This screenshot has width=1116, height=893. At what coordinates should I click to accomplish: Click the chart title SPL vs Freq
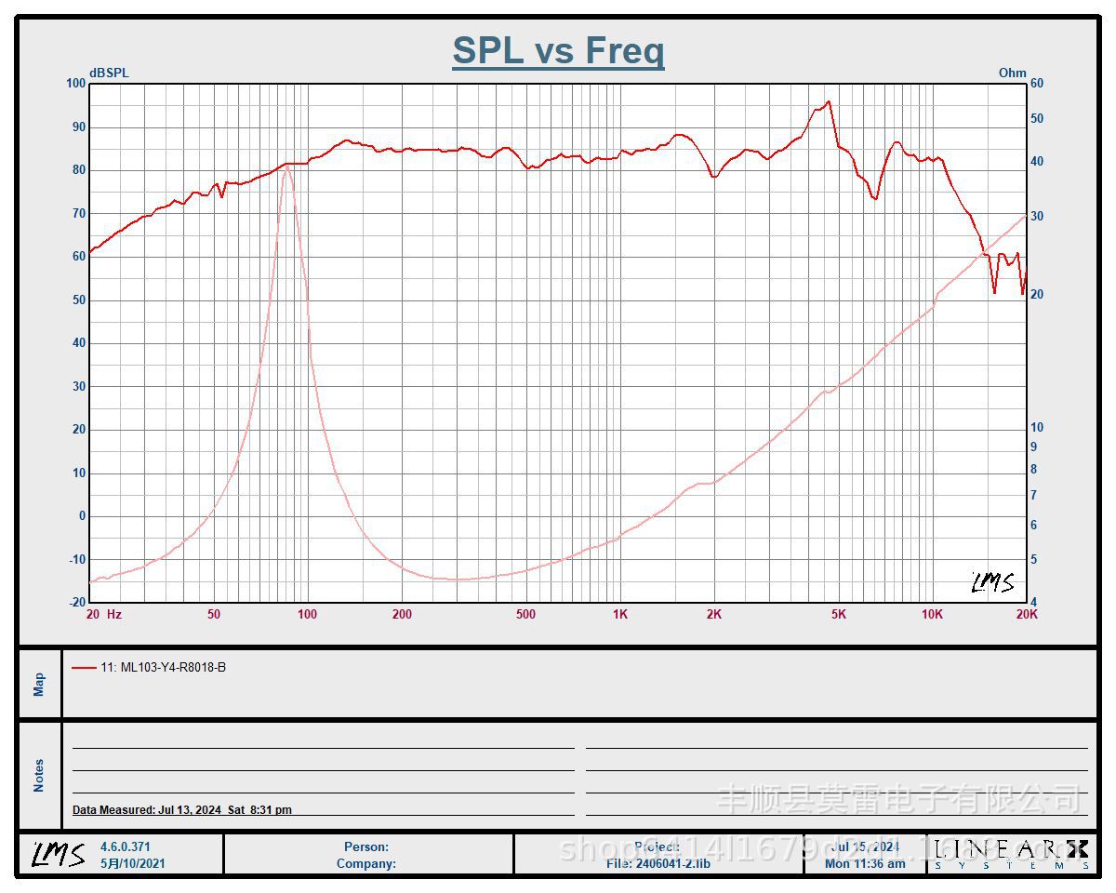pyautogui.click(x=558, y=50)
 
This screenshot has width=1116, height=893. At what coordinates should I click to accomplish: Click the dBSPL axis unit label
pyautogui.click(x=109, y=73)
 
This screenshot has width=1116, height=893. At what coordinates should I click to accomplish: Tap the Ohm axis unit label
pyautogui.click(x=1012, y=73)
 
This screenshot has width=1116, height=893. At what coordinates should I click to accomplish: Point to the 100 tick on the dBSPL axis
pyautogui.click(x=75, y=84)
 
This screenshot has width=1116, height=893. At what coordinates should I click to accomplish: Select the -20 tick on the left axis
pyautogui.click(x=75, y=603)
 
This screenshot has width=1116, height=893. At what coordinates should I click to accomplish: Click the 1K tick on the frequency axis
pyautogui.click(x=620, y=614)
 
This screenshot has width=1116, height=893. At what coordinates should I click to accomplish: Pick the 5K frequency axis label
pyautogui.click(x=839, y=614)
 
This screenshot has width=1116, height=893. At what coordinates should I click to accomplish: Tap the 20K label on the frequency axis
pyautogui.click(x=1027, y=614)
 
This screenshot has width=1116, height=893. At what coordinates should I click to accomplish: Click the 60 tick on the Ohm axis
pyautogui.click(x=1036, y=84)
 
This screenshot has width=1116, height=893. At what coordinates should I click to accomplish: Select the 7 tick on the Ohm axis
pyautogui.click(x=1033, y=496)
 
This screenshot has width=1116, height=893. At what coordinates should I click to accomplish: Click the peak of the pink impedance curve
pyautogui.click(x=286, y=167)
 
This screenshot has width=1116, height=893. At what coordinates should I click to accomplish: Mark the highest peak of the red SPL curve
pyautogui.click(x=828, y=101)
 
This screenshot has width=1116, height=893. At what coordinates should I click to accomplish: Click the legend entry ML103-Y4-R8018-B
pyautogui.click(x=164, y=667)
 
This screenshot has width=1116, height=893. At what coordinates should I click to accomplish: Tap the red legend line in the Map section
pyautogui.click(x=84, y=667)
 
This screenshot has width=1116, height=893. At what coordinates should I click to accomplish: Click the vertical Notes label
pyautogui.click(x=39, y=775)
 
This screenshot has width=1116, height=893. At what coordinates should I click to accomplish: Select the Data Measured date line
pyautogui.click(x=182, y=810)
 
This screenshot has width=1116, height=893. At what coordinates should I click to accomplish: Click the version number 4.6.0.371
pyautogui.click(x=126, y=846)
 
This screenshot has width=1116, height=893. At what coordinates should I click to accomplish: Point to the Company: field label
pyautogui.click(x=366, y=863)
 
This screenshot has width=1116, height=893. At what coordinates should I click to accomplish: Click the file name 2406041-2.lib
pyautogui.click(x=672, y=863)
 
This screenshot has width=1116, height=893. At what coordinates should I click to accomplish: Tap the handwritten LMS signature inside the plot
pyautogui.click(x=993, y=582)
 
